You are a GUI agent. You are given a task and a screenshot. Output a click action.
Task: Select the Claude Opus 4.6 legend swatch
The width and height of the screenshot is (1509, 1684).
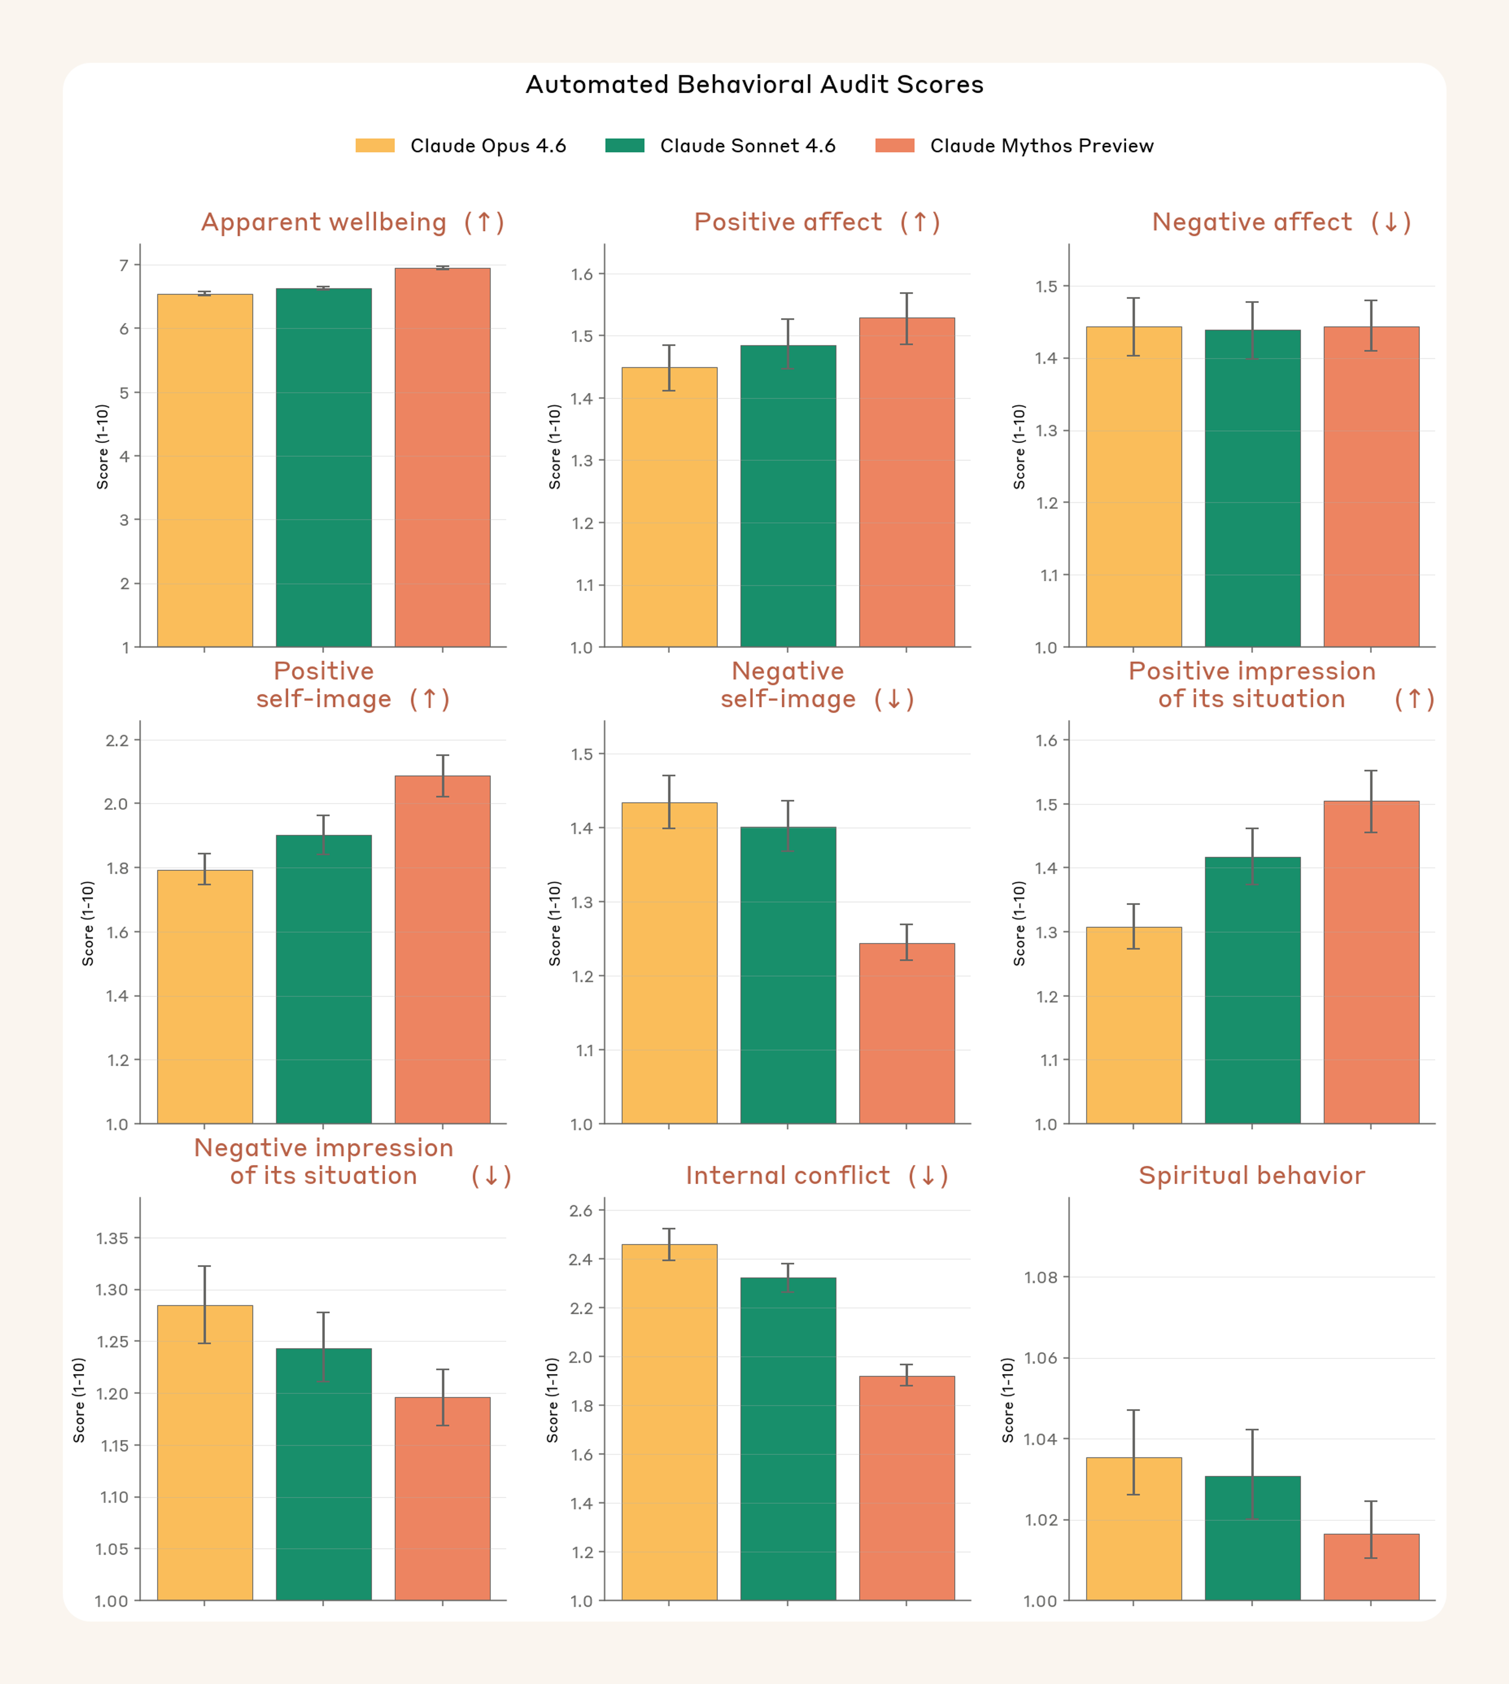375,146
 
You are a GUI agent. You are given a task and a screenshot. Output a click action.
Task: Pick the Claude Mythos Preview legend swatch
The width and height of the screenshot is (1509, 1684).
895,146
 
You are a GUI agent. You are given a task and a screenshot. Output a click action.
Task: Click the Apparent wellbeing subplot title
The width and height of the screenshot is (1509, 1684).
323,222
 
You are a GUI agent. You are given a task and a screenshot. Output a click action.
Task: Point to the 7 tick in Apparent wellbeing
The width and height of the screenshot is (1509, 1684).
124,265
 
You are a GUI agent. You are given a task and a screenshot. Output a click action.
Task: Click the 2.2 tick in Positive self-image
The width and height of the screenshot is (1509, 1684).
117,740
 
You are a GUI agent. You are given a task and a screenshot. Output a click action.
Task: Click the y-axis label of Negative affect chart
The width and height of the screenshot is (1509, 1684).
1019,446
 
